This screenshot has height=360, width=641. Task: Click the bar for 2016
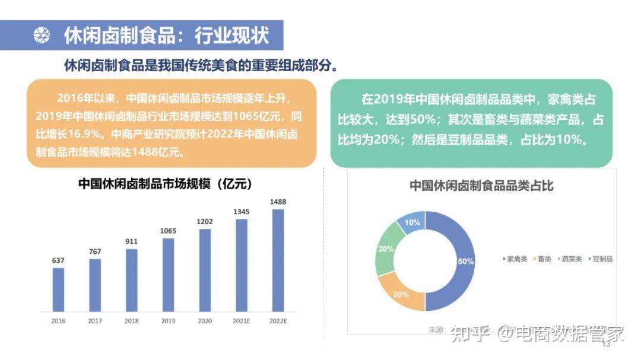tap(58, 289)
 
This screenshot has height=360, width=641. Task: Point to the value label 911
tap(132, 241)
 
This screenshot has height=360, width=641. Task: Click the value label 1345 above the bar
tap(241, 212)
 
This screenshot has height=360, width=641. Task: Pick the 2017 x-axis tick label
tap(95, 321)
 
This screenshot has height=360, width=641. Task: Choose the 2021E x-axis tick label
tap(241, 321)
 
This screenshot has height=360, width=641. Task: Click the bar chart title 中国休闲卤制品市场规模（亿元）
tap(166, 184)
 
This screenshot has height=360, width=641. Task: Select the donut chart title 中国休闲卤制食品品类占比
tap(481, 186)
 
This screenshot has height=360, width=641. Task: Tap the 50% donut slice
tap(464, 261)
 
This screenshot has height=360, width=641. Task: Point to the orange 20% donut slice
tap(401, 294)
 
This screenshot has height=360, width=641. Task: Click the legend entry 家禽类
tap(515, 259)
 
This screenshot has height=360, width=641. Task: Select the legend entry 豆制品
tap(602, 259)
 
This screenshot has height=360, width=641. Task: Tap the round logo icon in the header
tap(42, 36)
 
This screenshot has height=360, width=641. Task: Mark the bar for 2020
tap(205, 270)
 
